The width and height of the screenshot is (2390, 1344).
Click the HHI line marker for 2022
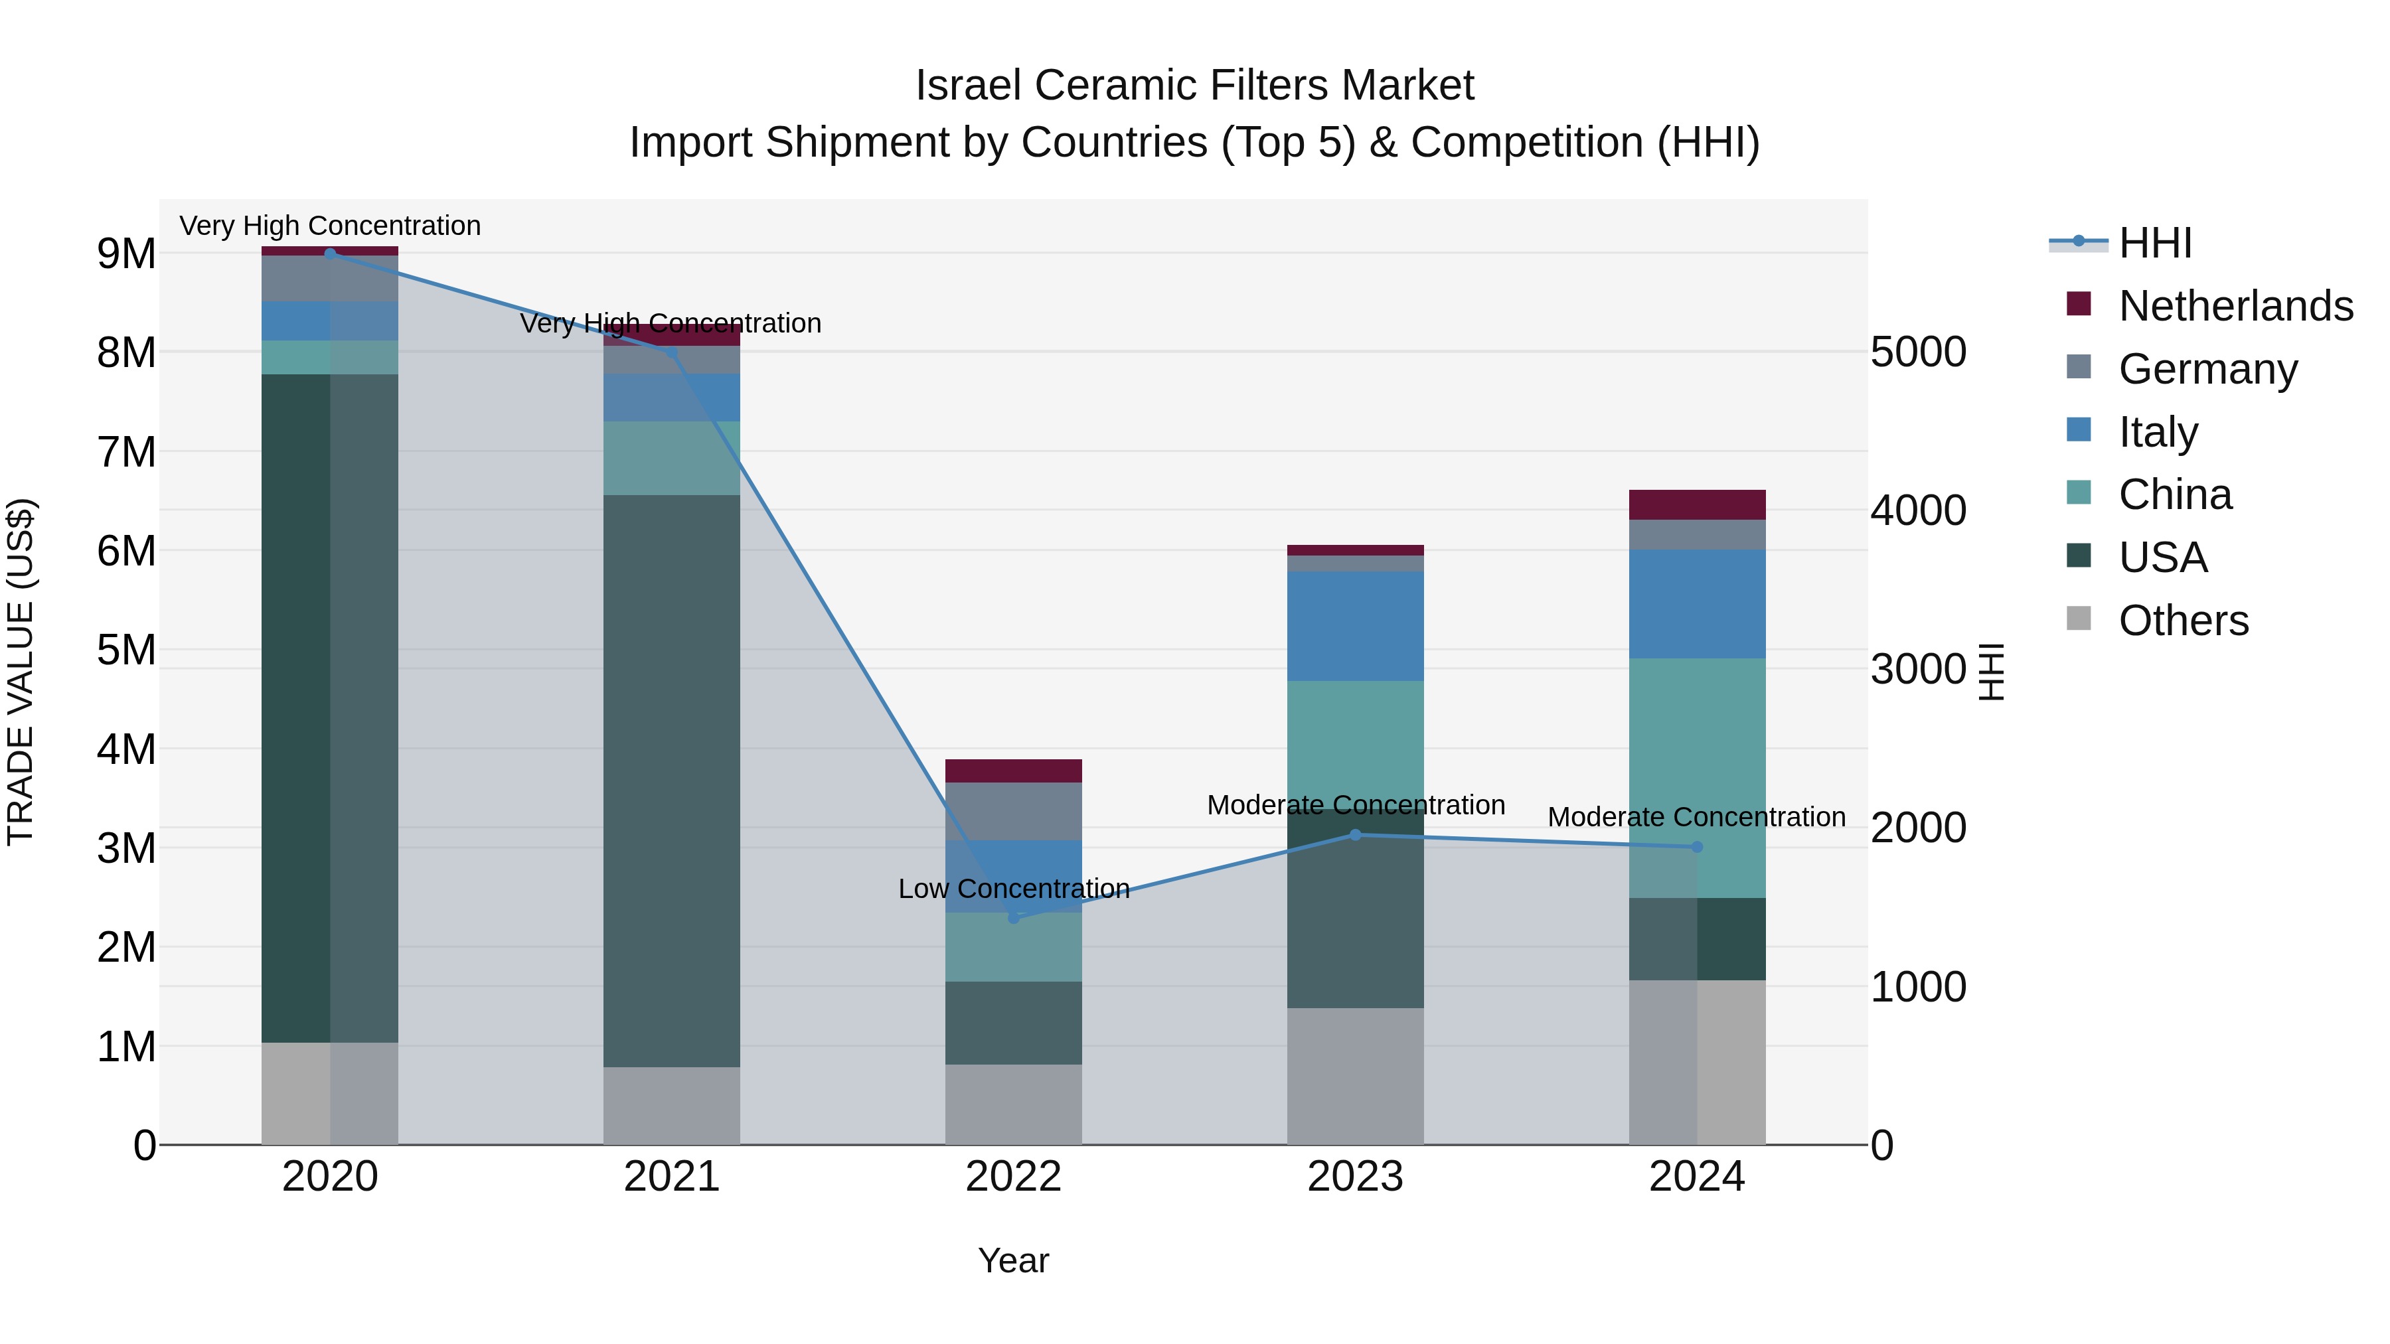(x=1013, y=917)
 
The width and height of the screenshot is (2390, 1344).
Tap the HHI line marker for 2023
(x=1354, y=835)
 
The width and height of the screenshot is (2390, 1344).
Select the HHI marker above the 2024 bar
(x=1697, y=847)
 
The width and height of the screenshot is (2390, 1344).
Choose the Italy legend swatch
(x=2079, y=430)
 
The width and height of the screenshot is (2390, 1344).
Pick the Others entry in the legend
(x=2183, y=621)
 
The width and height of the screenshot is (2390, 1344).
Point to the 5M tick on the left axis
(x=126, y=650)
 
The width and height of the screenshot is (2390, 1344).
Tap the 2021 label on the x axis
(x=672, y=1177)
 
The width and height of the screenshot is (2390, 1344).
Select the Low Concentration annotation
(x=1013, y=889)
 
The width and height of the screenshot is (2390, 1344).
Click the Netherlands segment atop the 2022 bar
(x=1013, y=771)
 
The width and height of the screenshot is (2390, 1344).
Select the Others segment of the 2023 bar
(x=1354, y=1076)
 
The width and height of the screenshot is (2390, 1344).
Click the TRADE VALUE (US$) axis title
(x=21, y=672)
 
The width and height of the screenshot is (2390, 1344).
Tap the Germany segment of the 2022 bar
(x=1013, y=812)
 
